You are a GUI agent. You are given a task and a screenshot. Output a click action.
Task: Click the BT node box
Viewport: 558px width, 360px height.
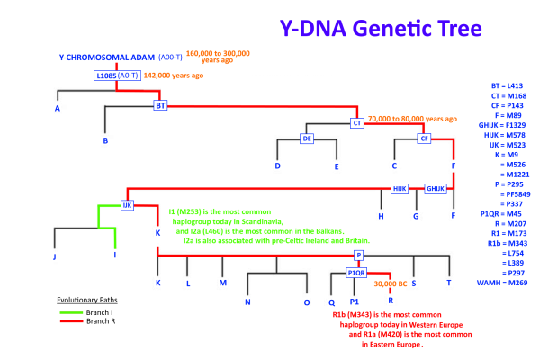tap(161, 105)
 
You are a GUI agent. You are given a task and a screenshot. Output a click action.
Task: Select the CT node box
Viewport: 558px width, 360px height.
tap(356, 122)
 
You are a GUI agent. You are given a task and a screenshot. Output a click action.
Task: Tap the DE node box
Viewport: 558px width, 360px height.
tap(308, 139)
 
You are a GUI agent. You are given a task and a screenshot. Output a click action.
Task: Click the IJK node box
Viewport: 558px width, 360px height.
tap(128, 205)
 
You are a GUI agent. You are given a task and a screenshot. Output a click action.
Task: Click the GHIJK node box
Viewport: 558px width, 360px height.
tap(435, 188)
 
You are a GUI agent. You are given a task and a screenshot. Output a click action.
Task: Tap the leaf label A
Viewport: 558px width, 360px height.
tap(58, 109)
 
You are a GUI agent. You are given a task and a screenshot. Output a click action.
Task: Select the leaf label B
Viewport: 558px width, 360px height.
tap(105, 141)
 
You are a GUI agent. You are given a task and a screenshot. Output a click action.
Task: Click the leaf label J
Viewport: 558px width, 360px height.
tap(55, 256)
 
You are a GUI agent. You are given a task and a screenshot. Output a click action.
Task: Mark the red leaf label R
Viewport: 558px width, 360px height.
tap(390, 301)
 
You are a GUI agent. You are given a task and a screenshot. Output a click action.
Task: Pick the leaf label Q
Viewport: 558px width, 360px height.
tap(331, 301)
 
